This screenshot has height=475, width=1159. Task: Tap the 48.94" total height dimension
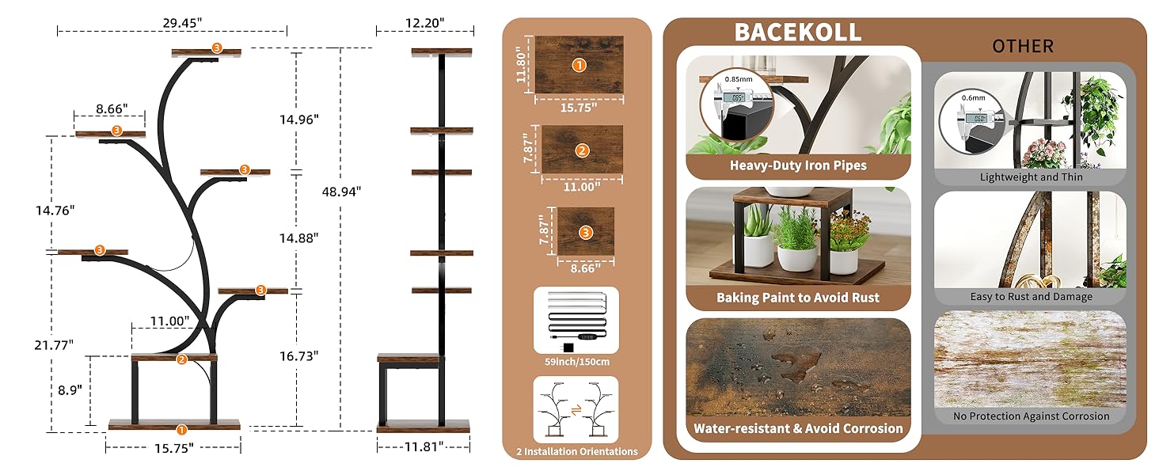click(341, 191)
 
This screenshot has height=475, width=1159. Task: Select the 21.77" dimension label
click(54, 344)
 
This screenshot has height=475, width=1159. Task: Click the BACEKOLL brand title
click(797, 32)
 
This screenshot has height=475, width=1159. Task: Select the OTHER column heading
click(1023, 46)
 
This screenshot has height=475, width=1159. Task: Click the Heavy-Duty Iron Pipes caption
click(798, 166)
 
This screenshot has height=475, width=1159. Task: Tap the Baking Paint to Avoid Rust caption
click(798, 298)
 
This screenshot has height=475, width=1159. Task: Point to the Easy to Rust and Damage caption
click(1031, 297)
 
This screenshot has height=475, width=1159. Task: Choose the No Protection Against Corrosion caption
click(1031, 416)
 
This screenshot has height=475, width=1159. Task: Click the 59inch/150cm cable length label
click(576, 362)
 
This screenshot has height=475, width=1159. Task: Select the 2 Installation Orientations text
click(576, 451)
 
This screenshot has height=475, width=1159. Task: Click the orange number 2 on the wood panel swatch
click(582, 150)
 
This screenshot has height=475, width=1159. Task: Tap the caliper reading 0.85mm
click(738, 78)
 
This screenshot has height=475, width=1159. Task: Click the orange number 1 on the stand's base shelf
click(181, 430)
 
